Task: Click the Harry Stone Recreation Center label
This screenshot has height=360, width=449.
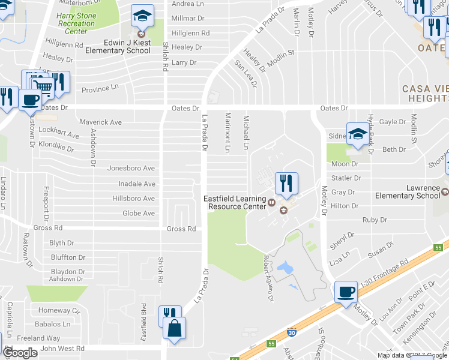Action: (77, 23)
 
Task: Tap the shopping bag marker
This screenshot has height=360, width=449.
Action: (174, 328)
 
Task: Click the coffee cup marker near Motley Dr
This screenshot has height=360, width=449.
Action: (346, 292)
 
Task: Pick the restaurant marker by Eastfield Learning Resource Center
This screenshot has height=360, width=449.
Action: (286, 184)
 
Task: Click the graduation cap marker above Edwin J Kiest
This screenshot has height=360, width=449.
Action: (142, 16)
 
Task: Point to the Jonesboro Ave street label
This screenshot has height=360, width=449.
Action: (131, 169)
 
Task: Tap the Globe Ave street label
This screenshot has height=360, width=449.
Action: (139, 213)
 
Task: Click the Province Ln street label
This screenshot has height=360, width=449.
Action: (100, 88)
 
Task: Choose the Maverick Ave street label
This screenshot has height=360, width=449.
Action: (100, 122)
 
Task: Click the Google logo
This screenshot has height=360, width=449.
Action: (20, 353)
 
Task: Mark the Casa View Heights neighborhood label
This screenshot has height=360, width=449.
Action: (426, 93)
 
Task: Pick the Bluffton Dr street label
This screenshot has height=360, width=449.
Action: (68, 257)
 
